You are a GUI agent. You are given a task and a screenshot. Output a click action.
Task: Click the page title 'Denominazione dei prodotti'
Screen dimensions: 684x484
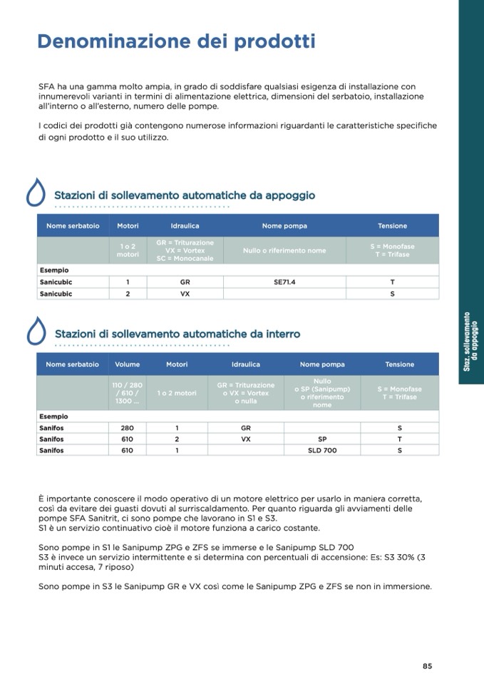click(x=176, y=41)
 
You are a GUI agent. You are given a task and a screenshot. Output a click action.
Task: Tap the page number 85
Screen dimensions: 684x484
click(x=427, y=666)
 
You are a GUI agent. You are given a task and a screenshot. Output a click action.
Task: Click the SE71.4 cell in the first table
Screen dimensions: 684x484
click(x=284, y=282)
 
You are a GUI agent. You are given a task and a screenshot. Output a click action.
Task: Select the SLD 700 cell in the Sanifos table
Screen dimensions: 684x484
click(x=322, y=451)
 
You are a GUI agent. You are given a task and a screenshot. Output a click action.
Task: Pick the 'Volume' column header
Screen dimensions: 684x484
click(x=128, y=364)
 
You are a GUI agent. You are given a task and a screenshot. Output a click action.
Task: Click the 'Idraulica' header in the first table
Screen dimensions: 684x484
click(x=185, y=226)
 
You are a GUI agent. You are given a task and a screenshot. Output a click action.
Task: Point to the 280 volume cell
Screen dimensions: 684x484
click(x=128, y=428)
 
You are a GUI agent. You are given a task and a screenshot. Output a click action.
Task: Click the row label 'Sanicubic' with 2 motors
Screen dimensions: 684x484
click(x=56, y=293)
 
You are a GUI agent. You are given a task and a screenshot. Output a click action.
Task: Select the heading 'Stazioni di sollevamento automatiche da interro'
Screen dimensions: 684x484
click(x=177, y=334)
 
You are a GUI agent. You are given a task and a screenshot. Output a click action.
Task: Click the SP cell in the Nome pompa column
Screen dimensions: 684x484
click(x=322, y=439)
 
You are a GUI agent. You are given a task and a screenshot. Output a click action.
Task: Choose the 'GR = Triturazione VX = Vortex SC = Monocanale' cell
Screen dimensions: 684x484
click(x=185, y=250)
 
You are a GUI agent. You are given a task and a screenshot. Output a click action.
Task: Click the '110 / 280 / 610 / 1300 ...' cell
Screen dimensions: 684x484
click(x=128, y=393)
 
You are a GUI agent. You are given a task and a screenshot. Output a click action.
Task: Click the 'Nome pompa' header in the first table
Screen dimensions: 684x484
click(x=284, y=226)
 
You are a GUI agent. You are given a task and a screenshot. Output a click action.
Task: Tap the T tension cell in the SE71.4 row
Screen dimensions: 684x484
click(x=393, y=282)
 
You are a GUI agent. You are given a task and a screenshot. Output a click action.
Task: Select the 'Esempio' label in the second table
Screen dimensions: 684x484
click(x=54, y=416)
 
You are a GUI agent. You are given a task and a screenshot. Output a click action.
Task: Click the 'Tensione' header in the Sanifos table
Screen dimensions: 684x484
click(x=399, y=364)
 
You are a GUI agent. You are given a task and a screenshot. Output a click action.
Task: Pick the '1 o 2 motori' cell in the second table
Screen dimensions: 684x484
click(x=177, y=393)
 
